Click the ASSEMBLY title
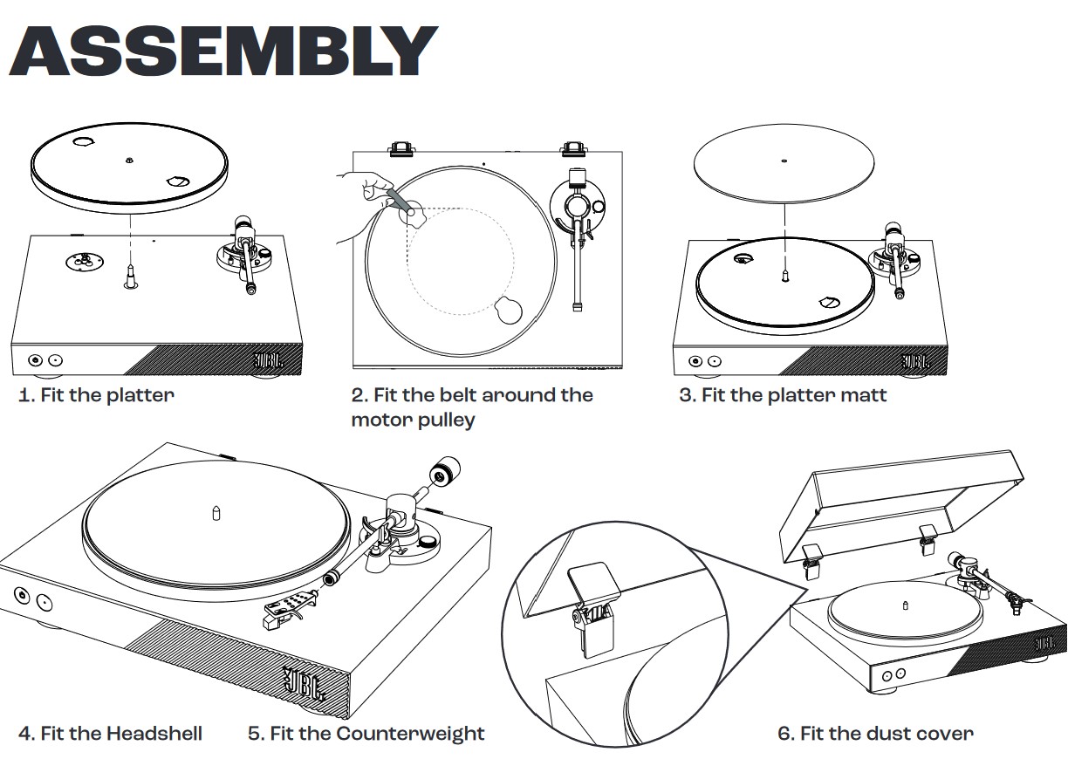coord(223,51)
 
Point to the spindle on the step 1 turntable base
coord(129,274)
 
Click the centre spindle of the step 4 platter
coord(216,512)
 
